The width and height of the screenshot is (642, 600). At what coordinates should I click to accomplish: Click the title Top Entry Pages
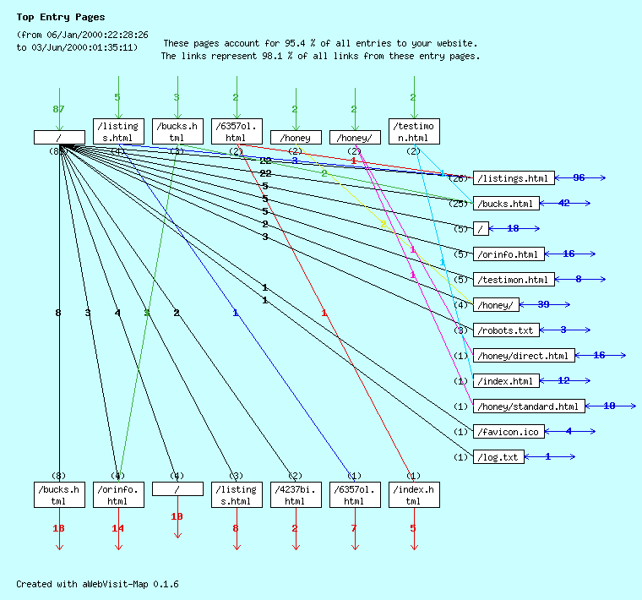60,17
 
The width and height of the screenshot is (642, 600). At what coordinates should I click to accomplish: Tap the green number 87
59,110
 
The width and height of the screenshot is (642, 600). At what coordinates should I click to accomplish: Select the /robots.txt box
505,330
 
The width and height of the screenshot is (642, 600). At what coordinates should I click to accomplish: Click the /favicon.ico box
509,432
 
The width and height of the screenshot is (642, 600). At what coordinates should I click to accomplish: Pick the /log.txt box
498,457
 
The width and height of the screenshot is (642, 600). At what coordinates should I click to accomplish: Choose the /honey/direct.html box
524,356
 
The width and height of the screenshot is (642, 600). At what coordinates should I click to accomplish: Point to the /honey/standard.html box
528,406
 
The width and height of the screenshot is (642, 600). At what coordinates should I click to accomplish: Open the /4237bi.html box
295,495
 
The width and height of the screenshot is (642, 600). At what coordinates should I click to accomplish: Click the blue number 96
579,178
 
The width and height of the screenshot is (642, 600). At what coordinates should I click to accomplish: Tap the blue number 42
564,204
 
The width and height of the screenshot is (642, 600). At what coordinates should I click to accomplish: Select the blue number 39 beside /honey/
543,305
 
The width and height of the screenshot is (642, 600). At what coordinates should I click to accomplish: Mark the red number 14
118,528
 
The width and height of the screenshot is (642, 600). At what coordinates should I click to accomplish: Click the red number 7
354,528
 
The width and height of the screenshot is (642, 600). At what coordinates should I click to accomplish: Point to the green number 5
117,97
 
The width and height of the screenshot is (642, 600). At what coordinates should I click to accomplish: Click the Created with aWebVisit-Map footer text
97,584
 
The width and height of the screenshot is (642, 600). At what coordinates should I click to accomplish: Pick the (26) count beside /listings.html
458,178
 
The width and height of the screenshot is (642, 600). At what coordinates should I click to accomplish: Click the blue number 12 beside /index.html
563,381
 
